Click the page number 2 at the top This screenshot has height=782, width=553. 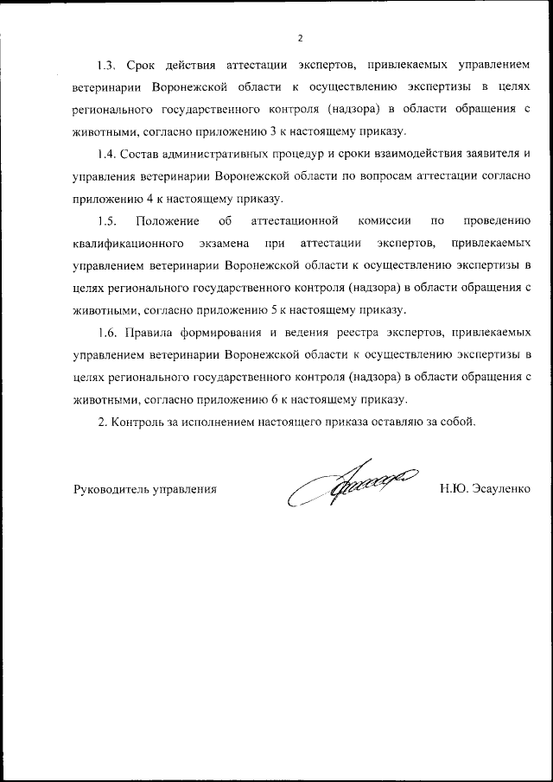tap(300, 37)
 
